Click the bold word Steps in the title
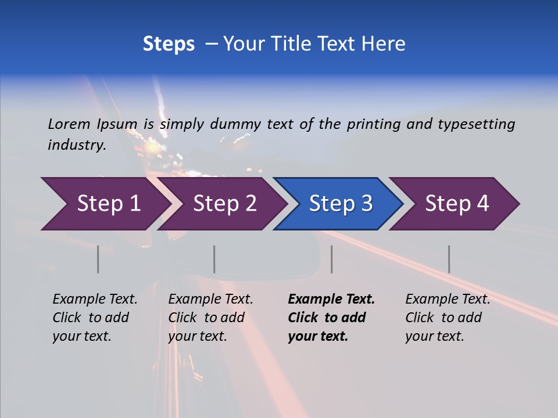[x=169, y=44]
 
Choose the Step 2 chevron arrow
[x=224, y=204]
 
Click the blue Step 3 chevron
[x=341, y=204]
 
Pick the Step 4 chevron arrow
[x=457, y=204]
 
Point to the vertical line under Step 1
[x=98, y=259]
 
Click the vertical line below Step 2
[x=214, y=259]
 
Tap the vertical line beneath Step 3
[x=332, y=259]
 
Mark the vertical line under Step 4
[x=449, y=259]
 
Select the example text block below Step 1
[x=95, y=318]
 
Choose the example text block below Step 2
[x=210, y=318]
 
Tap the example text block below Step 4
[x=448, y=318]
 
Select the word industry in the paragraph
[x=76, y=145]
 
